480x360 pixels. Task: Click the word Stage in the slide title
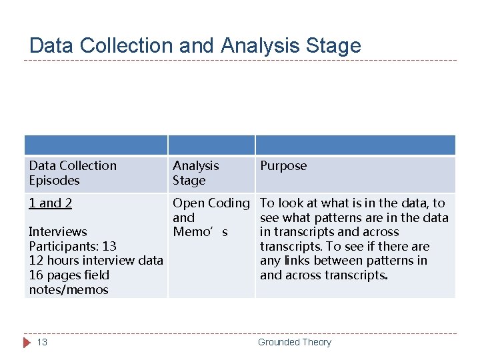[x=333, y=45]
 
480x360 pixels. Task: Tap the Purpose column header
[x=283, y=165]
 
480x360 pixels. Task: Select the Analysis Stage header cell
[x=196, y=173]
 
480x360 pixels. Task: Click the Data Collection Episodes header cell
[x=73, y=173]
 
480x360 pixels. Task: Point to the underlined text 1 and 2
[x=51, y=203]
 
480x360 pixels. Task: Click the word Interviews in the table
[x=58, y=232]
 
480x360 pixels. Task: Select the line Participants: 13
[x=73, y=247]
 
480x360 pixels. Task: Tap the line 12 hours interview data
[x=96, y=261]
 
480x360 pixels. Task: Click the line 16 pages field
[x=69, y=275]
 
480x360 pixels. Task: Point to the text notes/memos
[x=69, y=290]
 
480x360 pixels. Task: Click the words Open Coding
[x=211, y=203]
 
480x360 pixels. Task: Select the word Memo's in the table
[x=200, y=232]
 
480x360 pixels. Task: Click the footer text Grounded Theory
[x=294, y=342]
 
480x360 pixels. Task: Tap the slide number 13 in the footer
[x=42, y=342]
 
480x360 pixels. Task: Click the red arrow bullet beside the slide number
[x=27, y=342]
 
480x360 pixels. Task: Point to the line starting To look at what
[x=352, y=203]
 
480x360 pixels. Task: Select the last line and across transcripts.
[x=323, y=275]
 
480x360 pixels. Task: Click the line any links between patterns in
[x=343, y=261]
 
